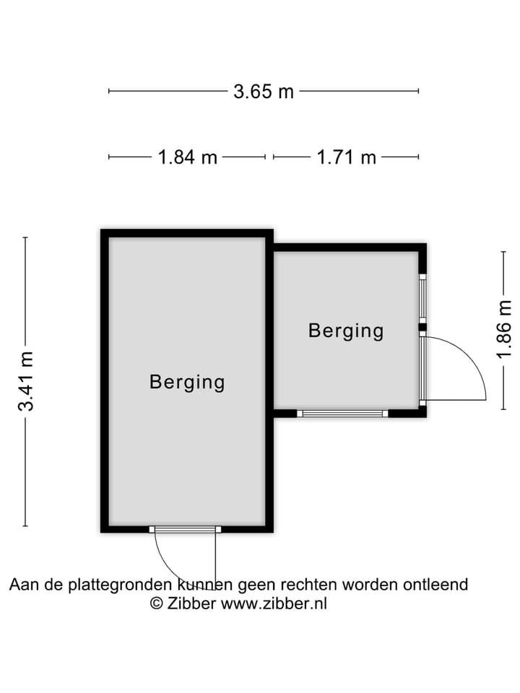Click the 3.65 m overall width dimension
(264, 92)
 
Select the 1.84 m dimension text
(188, 157)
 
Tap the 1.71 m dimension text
(347, 157)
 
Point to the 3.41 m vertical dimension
(26, 381)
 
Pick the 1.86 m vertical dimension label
(504, 329)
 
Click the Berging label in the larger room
(187, 382)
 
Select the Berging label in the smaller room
(346, 331)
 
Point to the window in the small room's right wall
(423, 297)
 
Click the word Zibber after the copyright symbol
(191, 604)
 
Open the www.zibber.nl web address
(274, 604)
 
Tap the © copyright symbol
(157, 604)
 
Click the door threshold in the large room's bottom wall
(186, 529)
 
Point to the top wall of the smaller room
(347, 247)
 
